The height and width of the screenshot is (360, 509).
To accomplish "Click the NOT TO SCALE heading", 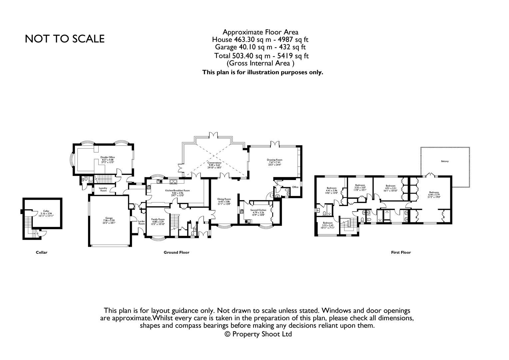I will [x=65, y=39].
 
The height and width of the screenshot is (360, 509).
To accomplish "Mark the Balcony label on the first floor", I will [x=445, y=161].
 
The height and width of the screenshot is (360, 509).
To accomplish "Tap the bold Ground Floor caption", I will [x=176, y=252].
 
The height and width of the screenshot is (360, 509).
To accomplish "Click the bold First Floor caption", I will [x=401, y=252].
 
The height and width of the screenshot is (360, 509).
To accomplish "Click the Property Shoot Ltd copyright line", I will [x=258, y=334].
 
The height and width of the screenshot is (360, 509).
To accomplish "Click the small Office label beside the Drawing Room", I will [x=295, y=187].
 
